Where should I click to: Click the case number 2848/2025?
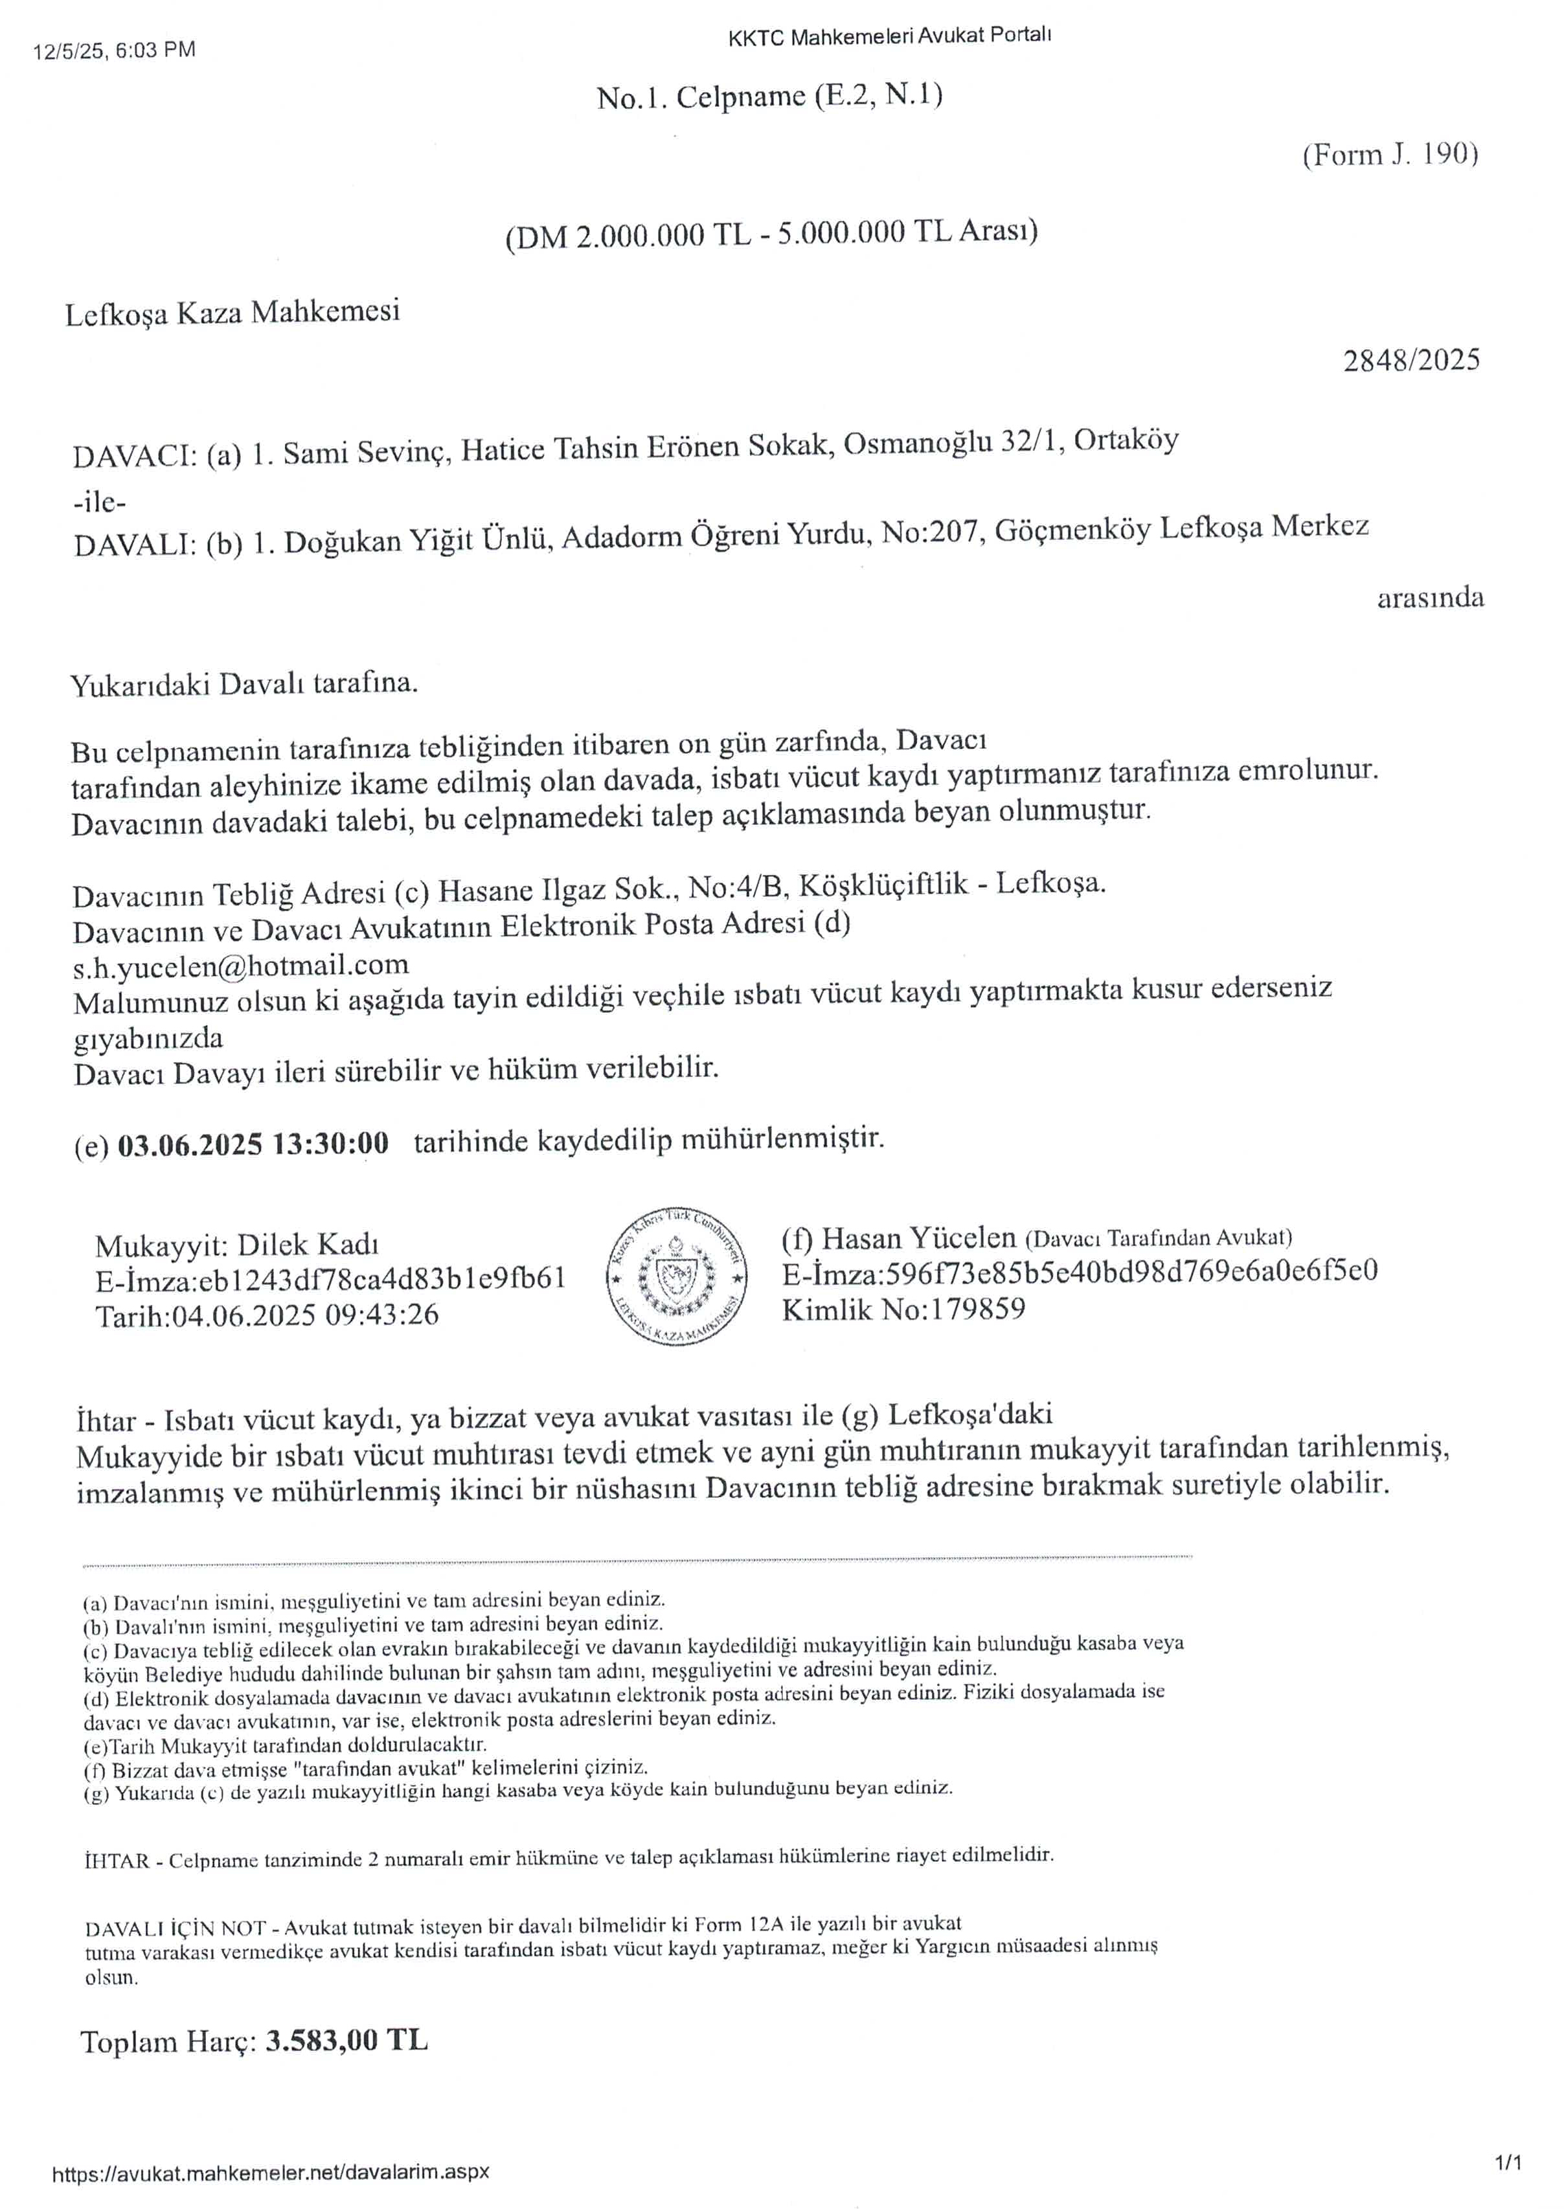tap(1411, 360)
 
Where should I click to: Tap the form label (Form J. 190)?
tap(1390, 154)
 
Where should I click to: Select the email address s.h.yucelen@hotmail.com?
tap(241, 965)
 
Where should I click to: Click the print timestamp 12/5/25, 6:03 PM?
tap(113, 50)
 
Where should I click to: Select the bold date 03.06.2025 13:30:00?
tap(253, 1144)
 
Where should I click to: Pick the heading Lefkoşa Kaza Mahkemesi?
tap(232, 313)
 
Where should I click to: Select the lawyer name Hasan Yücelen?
tap(918, 1238)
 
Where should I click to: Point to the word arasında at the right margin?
tap(1429, 598)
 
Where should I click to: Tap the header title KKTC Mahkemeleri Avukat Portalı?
tap(889, 37)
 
